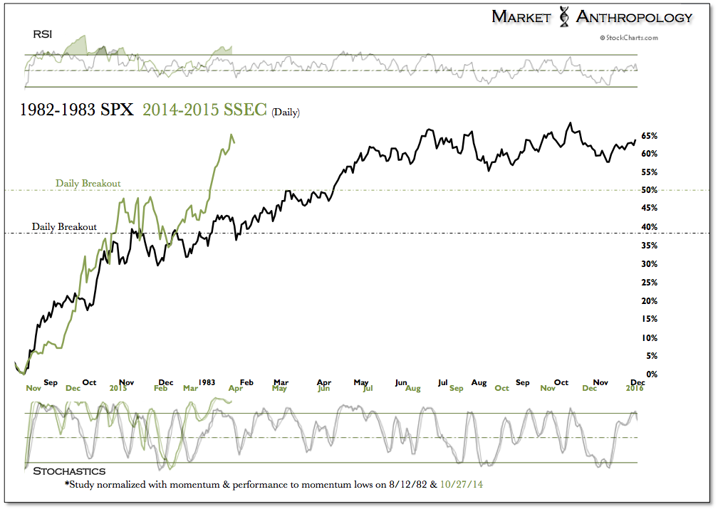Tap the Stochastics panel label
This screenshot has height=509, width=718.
coord(69,471)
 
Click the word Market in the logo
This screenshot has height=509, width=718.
coord(521,17)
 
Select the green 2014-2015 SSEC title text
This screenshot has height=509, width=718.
coord(204,110)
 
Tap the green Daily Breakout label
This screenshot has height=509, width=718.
coord(88,183)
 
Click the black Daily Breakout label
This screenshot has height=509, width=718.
coord(64,226)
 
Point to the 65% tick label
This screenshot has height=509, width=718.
coord(649,135)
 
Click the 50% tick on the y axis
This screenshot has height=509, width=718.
coord(649,190)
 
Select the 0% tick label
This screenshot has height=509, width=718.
coord(651,374)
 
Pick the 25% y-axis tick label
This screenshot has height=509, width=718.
coord(649,282)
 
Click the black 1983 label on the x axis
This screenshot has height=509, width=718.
coord(207,382)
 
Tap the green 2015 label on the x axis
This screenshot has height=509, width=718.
coord(118,389)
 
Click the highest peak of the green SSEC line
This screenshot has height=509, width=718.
coord(231,135)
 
